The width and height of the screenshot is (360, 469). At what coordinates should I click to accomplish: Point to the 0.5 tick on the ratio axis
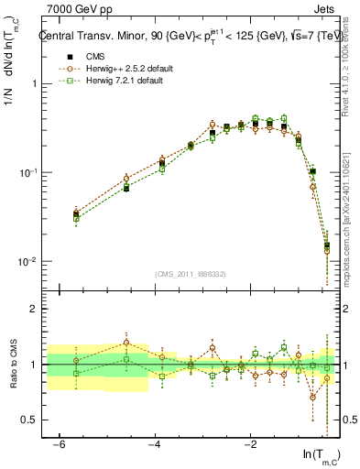point(32,420)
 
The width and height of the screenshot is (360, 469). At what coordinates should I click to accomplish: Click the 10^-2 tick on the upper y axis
point(31,262)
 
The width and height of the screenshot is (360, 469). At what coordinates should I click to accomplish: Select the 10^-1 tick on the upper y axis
point(31,172)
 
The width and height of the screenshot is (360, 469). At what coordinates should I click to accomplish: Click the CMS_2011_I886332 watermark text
point(191,274)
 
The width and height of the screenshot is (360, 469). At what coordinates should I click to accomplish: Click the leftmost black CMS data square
point(76,214)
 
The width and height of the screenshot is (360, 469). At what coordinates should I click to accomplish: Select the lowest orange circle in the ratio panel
point(313,398)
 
